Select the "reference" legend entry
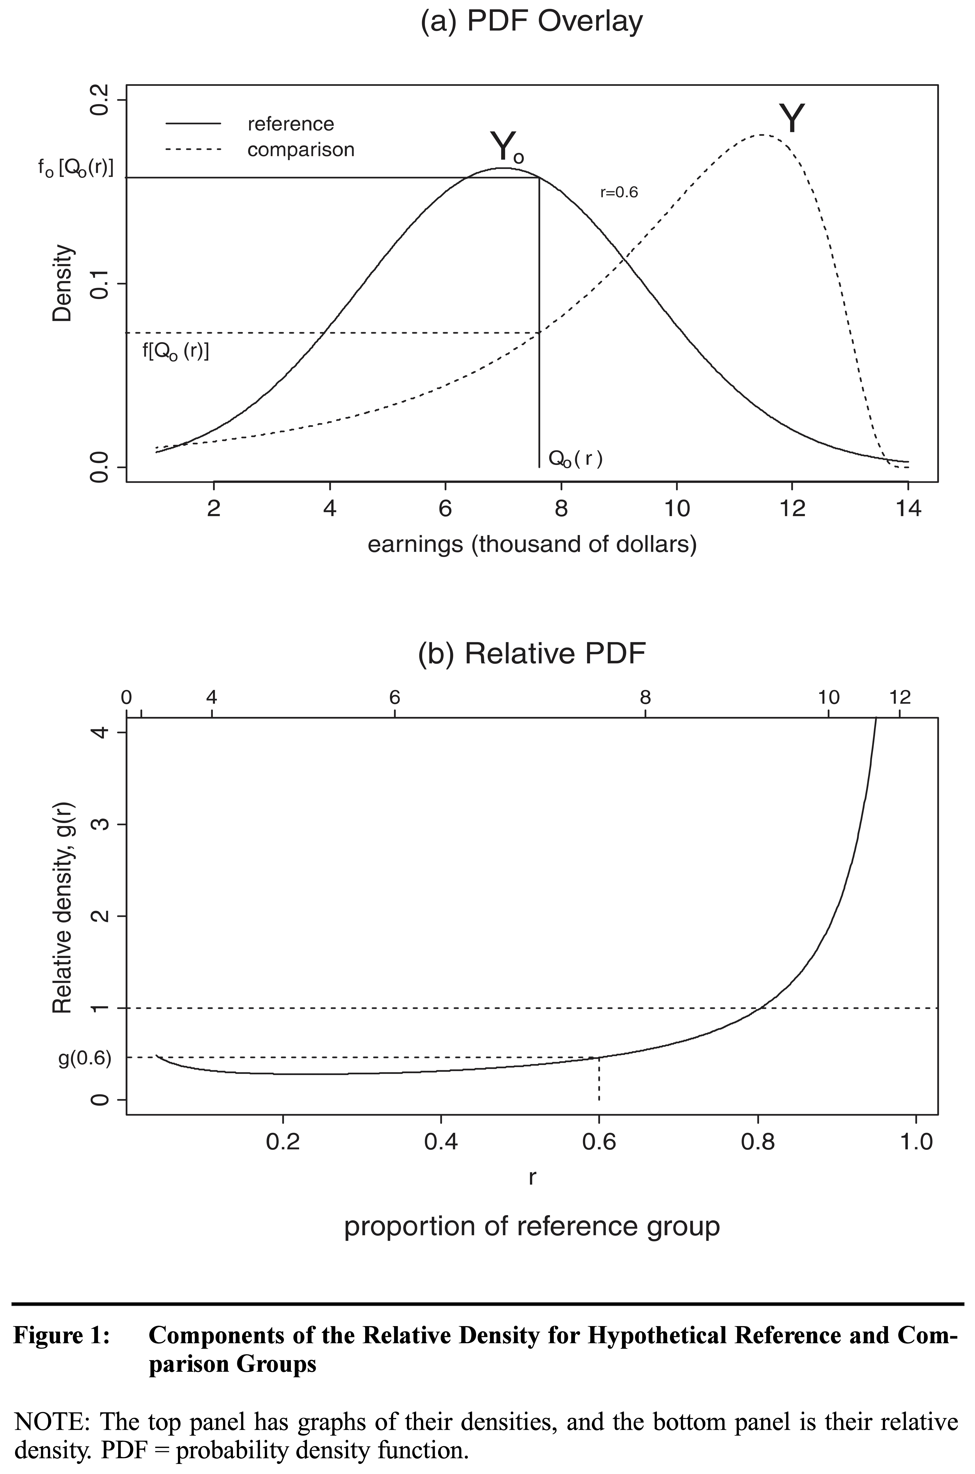(290, 124)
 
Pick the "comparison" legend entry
(301, 150)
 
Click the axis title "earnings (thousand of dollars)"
(532, 544)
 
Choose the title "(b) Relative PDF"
(532, 654)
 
